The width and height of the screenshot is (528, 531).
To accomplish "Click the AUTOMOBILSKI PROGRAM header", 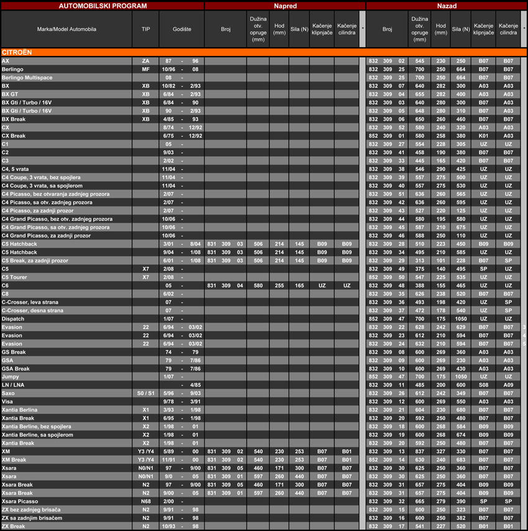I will (x=102, y=6).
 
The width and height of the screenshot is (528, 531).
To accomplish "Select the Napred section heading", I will (x=285, y=6).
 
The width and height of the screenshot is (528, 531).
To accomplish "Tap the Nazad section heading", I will (x=446, y=6).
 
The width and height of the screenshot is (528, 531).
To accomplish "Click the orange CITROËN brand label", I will (x=17, y=52).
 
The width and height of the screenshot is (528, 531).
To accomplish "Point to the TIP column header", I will (x=145, y=29).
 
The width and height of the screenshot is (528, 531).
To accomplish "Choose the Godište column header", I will (x=181, y=29).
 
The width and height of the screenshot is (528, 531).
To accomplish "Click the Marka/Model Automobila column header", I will (x=66, y=29).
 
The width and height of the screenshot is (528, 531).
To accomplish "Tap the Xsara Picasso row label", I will (x=20, y=501).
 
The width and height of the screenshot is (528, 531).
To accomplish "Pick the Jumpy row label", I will (x=10, y=377).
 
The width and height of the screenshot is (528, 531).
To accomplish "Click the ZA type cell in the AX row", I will (x=145, y=61).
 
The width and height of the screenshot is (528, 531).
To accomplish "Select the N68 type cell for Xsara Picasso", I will (x=145, y=501).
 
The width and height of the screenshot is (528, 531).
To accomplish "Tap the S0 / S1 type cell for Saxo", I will (x=145, y=393).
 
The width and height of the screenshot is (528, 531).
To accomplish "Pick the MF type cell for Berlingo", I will (x=145, y=69).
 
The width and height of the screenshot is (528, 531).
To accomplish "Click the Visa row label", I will (x=7, y=402).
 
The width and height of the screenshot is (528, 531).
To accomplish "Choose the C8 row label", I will (x=6, y=293).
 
